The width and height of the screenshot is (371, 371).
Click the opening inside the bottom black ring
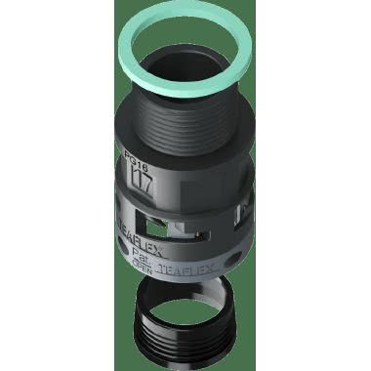pos(185,304)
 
